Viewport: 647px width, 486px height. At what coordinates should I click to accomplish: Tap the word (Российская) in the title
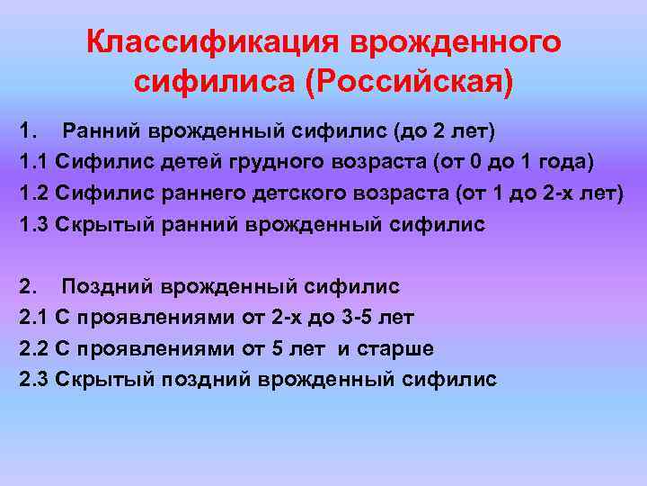410,83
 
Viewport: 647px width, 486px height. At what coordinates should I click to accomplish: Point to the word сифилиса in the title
216,83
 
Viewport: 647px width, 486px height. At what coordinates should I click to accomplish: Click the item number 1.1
33,161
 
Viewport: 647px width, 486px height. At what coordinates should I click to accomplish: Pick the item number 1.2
33,193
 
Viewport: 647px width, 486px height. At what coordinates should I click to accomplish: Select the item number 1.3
33,224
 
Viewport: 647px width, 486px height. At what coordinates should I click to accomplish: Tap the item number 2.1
33,317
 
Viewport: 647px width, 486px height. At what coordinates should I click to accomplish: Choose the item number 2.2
33,348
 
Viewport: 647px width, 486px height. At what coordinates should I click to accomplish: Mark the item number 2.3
33,380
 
